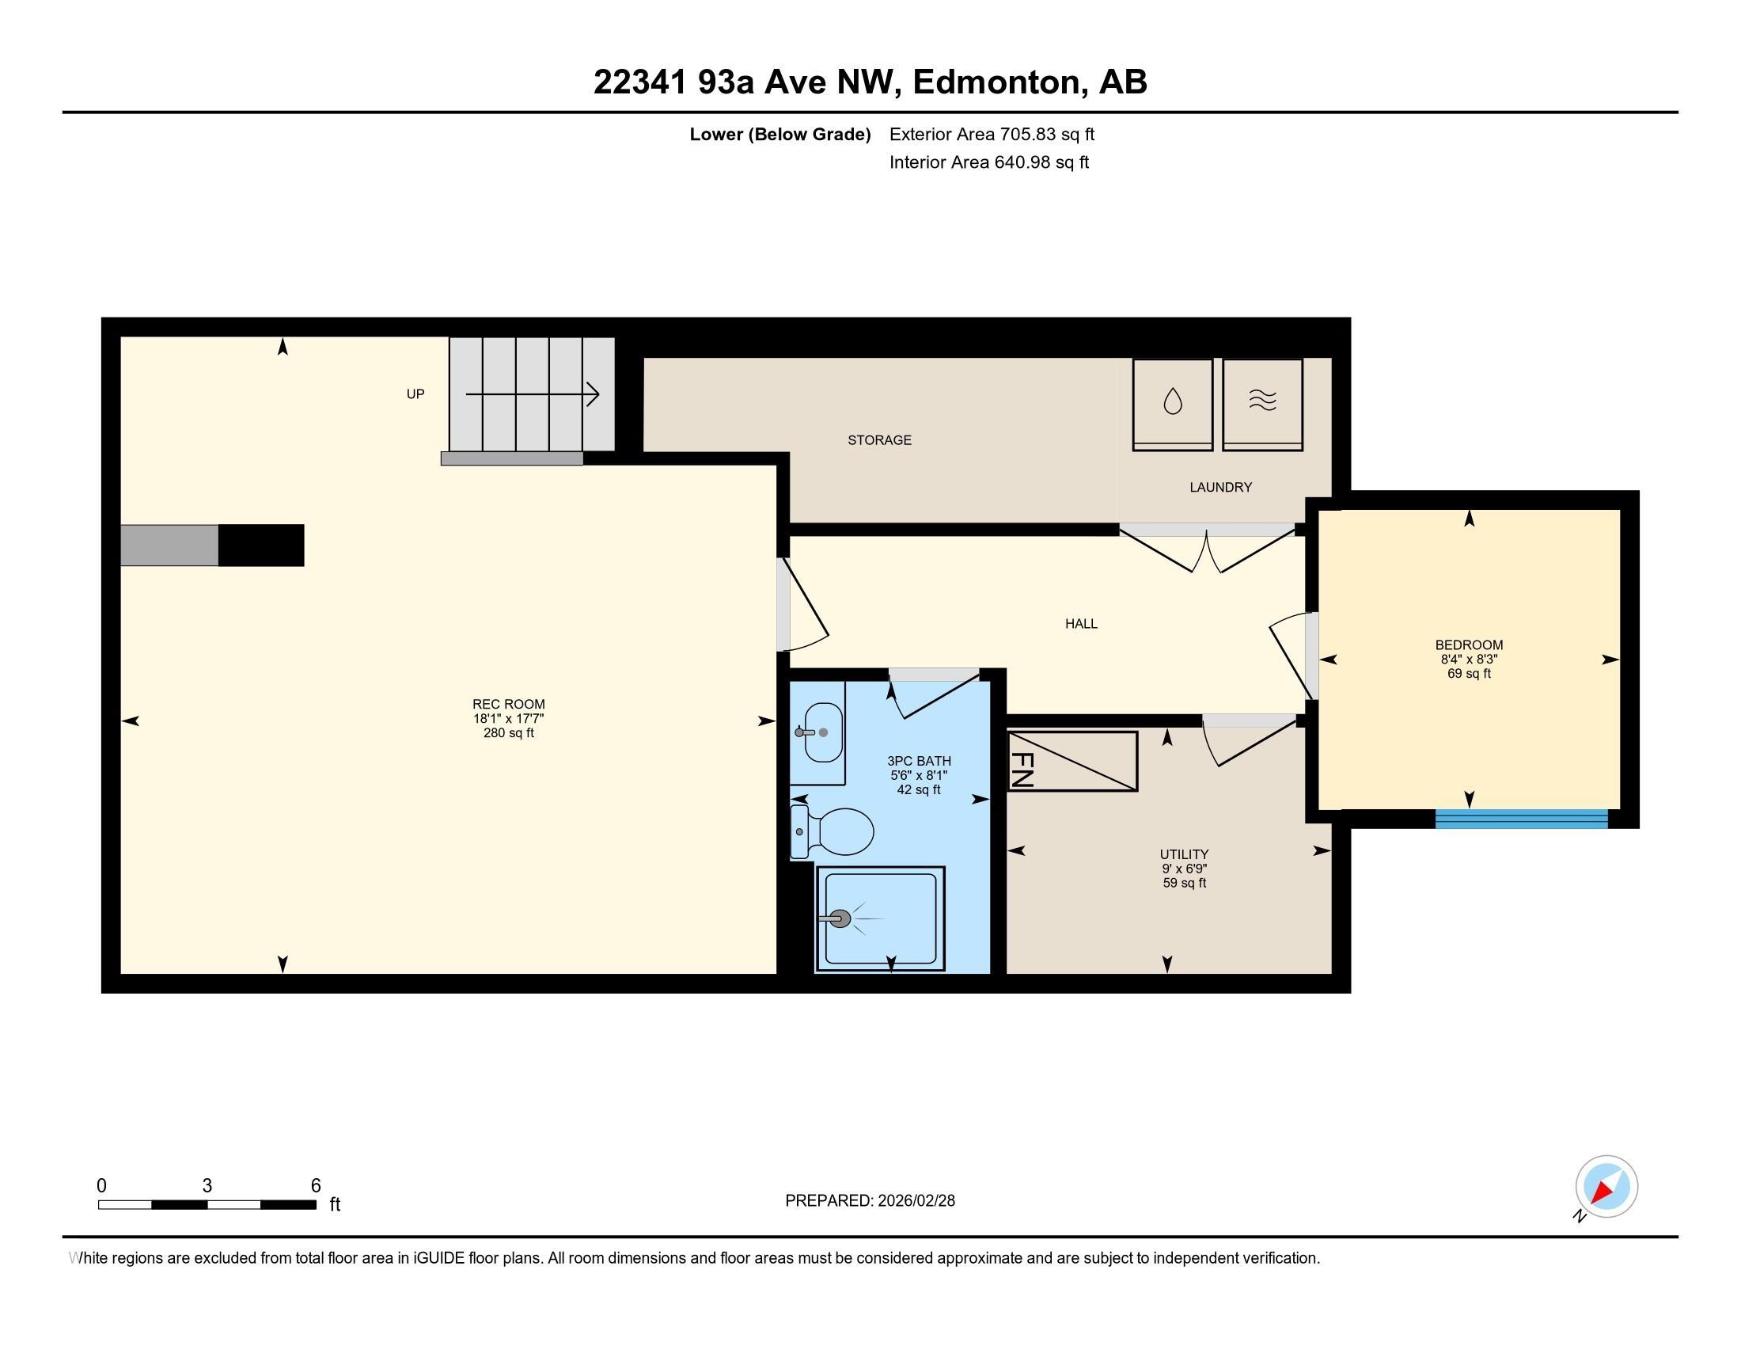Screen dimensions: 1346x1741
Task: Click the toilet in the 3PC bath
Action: [837, 831]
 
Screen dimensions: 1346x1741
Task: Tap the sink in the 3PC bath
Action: [822, 732]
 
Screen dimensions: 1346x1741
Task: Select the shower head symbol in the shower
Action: [840, 918]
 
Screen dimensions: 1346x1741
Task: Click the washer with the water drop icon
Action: [1172, 403]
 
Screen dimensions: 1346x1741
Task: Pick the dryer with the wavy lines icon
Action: [1262, 403]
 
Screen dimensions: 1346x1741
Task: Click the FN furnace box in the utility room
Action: [1072, 761]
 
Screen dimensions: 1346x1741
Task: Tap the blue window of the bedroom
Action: [1521, 819]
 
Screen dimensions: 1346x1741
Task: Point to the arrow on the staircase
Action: [532, 394]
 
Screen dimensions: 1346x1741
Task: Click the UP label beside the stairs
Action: [415, 394]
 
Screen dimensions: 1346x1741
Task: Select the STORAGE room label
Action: [879, 440]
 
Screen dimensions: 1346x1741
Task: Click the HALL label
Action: [1081, 624]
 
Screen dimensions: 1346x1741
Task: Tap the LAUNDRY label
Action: [1220, 487]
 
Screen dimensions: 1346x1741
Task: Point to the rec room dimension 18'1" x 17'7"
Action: [509, 718]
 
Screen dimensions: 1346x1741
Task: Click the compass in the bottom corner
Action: [1606, 1186]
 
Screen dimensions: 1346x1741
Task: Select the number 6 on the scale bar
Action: [316, 1186]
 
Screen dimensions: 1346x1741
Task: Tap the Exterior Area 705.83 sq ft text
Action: [992, 134]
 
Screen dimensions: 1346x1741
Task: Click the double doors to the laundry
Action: [1207, 550]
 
